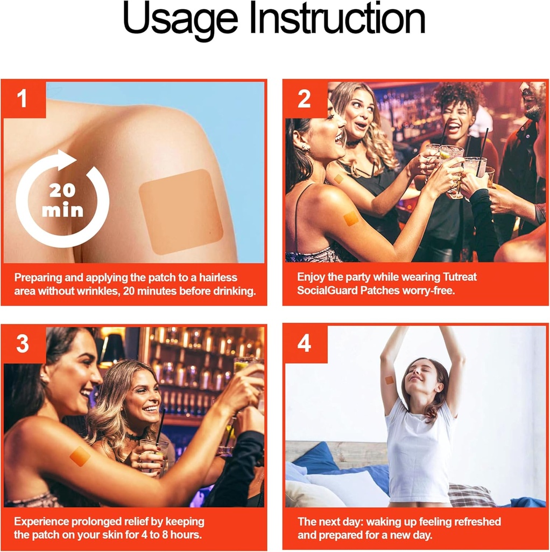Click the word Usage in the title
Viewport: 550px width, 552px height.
click(x=180, y=19)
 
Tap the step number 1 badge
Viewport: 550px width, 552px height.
click(x=23, y=99)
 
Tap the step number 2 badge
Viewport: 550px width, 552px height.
click(x=305, y=99)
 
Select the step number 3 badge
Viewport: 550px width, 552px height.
click(x=23, y=343)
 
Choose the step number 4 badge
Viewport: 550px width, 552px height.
click(x=305, y=343)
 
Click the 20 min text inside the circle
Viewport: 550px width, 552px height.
click(x=62, y=201)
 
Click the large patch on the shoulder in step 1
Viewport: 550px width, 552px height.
click(x=181, y=211)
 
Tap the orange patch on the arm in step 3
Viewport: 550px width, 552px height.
click(x=80, y=456)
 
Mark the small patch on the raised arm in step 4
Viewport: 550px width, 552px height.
click(x=390, y=380)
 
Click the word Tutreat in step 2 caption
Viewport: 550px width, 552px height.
click(x=460, y=277)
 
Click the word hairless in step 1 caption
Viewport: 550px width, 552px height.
click(x=218, y=278)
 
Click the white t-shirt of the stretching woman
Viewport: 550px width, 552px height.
click(x=419, y=454)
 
